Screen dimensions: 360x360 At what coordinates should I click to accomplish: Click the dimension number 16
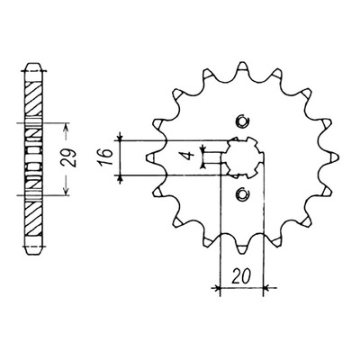point(106,157)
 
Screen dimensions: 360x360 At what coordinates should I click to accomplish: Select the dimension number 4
point(189,157)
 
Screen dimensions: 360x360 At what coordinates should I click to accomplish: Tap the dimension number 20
point(241,276)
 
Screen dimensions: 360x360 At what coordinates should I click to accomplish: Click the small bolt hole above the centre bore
point(242,121)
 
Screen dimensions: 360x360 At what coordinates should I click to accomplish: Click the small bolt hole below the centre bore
point(241,194)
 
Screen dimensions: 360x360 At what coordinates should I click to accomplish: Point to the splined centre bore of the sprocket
point(243,157)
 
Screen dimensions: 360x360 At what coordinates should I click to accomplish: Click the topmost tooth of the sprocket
point(242,68)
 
